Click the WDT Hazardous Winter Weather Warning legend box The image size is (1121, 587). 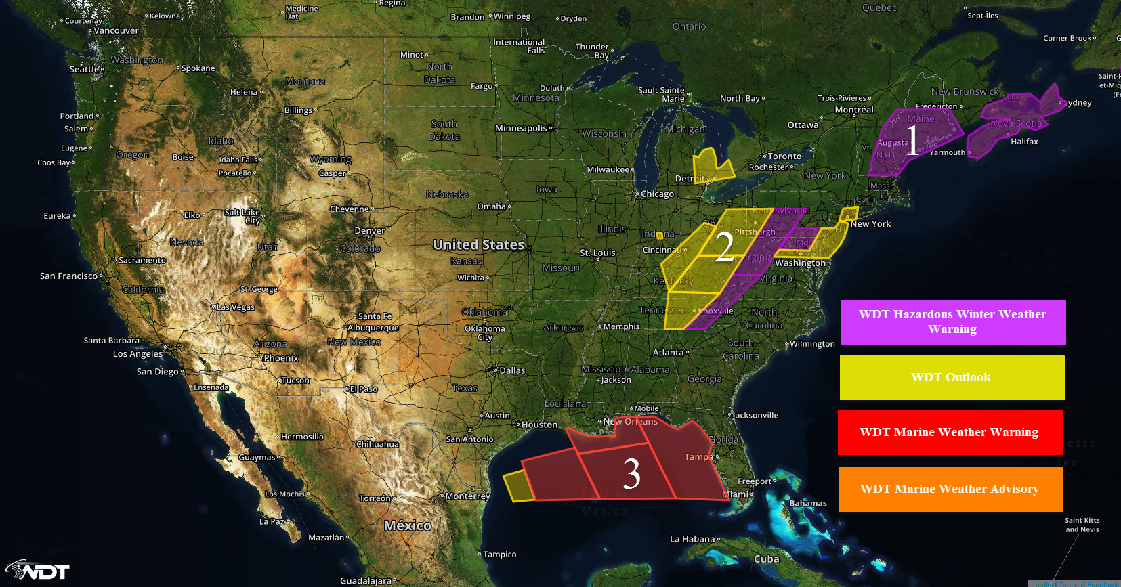point(953,322)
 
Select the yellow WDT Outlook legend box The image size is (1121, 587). point(952,378)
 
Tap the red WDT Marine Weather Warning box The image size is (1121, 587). point(950,433)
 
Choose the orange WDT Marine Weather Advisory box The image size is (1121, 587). point(950,489)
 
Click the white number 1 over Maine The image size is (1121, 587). point(912,140)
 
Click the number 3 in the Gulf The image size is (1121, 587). point(631,474)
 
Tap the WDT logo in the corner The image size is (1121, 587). point(39,570)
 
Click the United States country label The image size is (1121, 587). point(478,244)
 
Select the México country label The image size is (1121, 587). point(407,525)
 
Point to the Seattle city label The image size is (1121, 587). point(85,69)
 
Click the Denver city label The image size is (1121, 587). point(369,231)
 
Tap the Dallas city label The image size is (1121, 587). point(511,370)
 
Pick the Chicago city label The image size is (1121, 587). point(656,194)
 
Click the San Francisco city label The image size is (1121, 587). point(68,276)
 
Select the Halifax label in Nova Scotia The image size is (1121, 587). point(1024,142)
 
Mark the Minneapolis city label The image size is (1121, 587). point(521,128)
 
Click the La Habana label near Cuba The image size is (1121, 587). point(692,539)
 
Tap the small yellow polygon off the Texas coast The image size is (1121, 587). point(518,487)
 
